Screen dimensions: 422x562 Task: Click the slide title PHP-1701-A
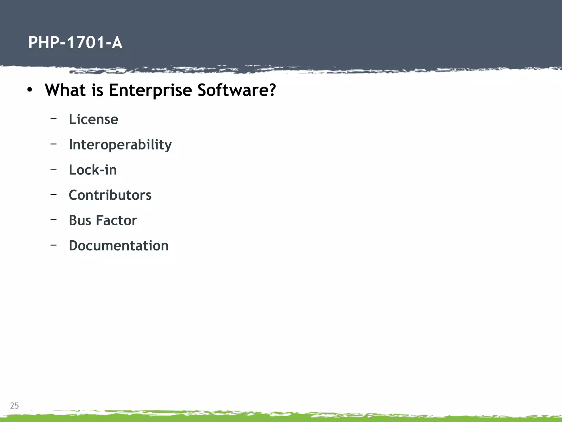[75, 43]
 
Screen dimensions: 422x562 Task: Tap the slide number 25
[15, 406]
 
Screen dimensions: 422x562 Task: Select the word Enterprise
[150, 90]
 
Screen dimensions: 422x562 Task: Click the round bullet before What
[30, 90]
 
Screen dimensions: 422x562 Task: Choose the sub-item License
[93, 119]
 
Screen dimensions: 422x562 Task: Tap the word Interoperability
[120, 145]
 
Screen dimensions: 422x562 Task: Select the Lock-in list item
[93, 170]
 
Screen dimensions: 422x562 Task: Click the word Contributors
[110, 195]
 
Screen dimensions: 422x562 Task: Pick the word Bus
[80, 220]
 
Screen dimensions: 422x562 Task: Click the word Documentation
[119, 246]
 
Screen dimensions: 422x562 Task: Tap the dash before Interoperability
[54, 144]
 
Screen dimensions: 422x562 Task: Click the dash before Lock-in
[54, 169]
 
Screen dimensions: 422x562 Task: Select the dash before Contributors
[54, 194]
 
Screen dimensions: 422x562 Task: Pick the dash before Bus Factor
[54, 220]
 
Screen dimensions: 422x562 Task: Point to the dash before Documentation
[54, 245]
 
